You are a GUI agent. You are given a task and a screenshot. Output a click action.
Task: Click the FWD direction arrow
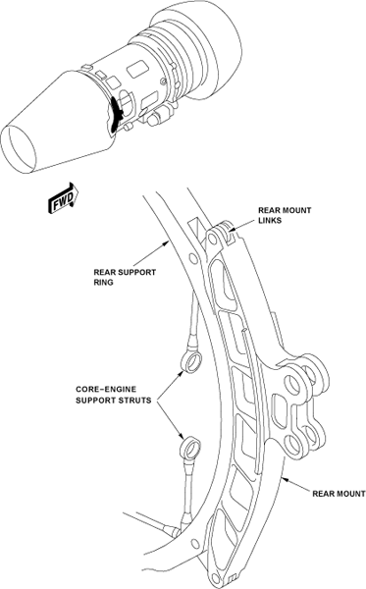point(63,197)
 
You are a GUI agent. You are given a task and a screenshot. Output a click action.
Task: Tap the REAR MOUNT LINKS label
point(285,215)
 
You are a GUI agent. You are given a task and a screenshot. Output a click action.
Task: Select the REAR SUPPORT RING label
point(125,277)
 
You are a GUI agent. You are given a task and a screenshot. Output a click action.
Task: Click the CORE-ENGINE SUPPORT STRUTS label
point(114,395)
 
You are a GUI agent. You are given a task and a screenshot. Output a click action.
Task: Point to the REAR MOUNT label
point(339,494)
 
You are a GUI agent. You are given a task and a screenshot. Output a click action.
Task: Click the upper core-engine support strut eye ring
point(191,361)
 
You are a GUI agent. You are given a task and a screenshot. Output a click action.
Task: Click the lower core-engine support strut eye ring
point(190,449)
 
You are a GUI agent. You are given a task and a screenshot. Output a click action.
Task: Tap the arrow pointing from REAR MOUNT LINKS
point(243,226)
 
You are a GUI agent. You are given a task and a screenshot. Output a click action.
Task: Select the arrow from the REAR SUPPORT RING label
point(150,254)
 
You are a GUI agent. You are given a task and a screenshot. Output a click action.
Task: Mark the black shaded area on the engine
point(117,114)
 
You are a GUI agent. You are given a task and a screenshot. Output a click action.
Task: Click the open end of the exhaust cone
point(18,149)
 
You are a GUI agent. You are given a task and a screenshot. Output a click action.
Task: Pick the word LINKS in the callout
point(270,220)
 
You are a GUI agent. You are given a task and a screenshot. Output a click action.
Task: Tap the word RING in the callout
point(103,282)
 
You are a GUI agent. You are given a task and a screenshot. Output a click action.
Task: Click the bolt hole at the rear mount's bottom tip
point(216,578)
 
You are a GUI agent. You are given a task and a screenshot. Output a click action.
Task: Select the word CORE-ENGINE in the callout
point(106,390)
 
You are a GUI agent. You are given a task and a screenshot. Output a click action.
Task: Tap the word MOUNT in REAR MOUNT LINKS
point(296,210)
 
